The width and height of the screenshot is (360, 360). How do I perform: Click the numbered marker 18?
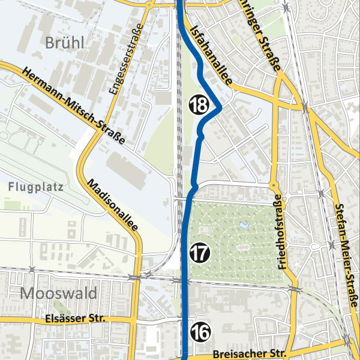click(x=199, y=104)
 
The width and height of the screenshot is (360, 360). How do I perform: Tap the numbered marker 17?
click(x=200, y=253)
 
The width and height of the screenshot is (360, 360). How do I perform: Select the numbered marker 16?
click(x=200, y=331)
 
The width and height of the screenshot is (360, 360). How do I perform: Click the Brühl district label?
click(x=64, y=42)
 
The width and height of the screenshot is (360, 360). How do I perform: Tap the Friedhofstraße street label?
click(x=281, y=232)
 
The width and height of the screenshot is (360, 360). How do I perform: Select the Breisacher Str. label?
click(x=246, y=353)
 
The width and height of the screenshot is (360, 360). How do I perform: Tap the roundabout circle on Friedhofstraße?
click(x=273, y=185)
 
